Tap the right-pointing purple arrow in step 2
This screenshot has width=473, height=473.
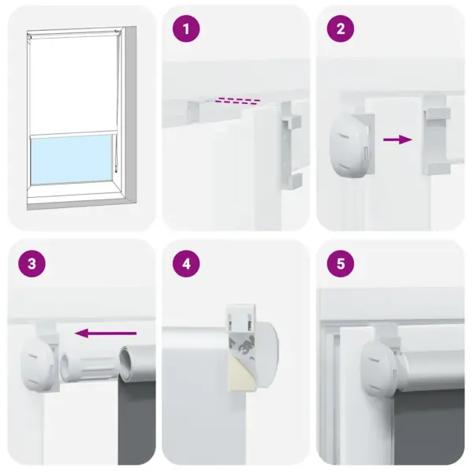[397, 140]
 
